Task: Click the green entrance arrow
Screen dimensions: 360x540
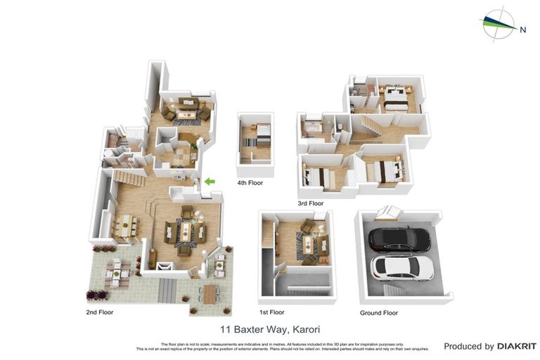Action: point(208,182)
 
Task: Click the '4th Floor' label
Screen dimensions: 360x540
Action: point(251,183)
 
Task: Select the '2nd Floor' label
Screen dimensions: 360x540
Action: point(99,311)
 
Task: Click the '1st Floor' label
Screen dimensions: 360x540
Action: point(272,311)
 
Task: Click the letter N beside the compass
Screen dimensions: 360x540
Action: point(522,30)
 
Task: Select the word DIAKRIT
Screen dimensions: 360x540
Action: point(517,346)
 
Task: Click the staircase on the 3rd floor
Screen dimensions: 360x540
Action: point(370,127)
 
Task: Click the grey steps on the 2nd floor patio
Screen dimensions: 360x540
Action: point(166,288)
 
